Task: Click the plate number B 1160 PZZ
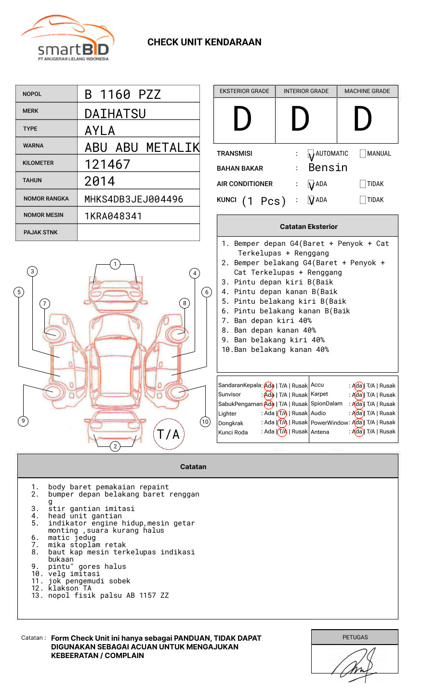pos(122,94)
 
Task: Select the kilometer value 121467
pos(107,164)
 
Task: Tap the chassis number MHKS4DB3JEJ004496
pos(133,199)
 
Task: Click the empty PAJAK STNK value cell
pos(138,232)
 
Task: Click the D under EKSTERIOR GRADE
pos(242,120)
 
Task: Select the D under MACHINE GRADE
pos(363,120)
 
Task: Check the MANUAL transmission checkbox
pos(363,153)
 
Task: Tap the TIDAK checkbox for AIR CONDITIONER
pos(363,184)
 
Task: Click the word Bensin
pos(328,168)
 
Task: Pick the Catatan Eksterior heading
pos(308,227)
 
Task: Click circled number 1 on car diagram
pos(115,264)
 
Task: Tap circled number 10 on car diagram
pos(205,421)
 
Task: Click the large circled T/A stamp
pos(168,434)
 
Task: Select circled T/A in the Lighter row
pos(282,413)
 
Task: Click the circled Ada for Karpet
pos(357,394)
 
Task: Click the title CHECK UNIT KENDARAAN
pos(204,42)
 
